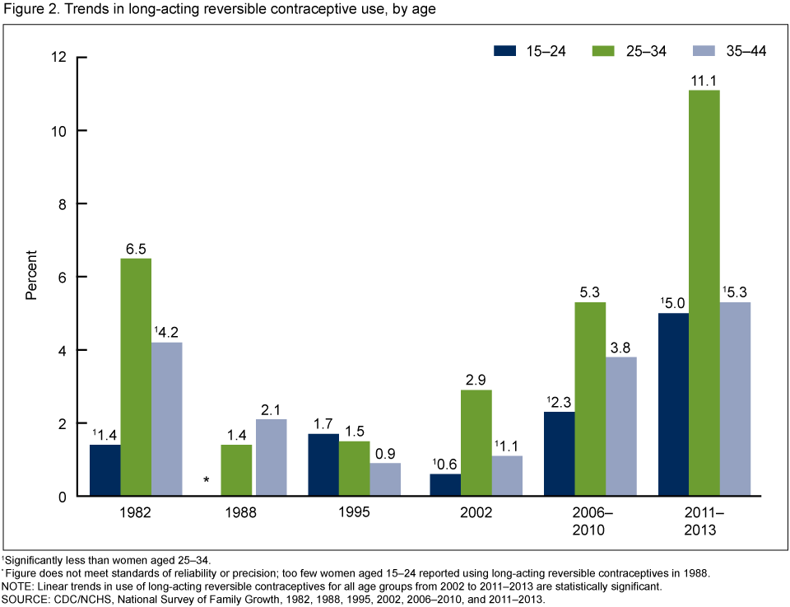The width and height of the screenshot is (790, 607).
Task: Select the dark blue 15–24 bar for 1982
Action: point(105,470)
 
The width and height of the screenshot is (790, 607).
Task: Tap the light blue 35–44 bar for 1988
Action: point(272,457)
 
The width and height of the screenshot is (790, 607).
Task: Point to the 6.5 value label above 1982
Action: point(137,246)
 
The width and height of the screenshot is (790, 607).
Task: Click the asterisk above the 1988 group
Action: point(207,480)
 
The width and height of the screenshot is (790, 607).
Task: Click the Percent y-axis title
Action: point(30,277)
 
